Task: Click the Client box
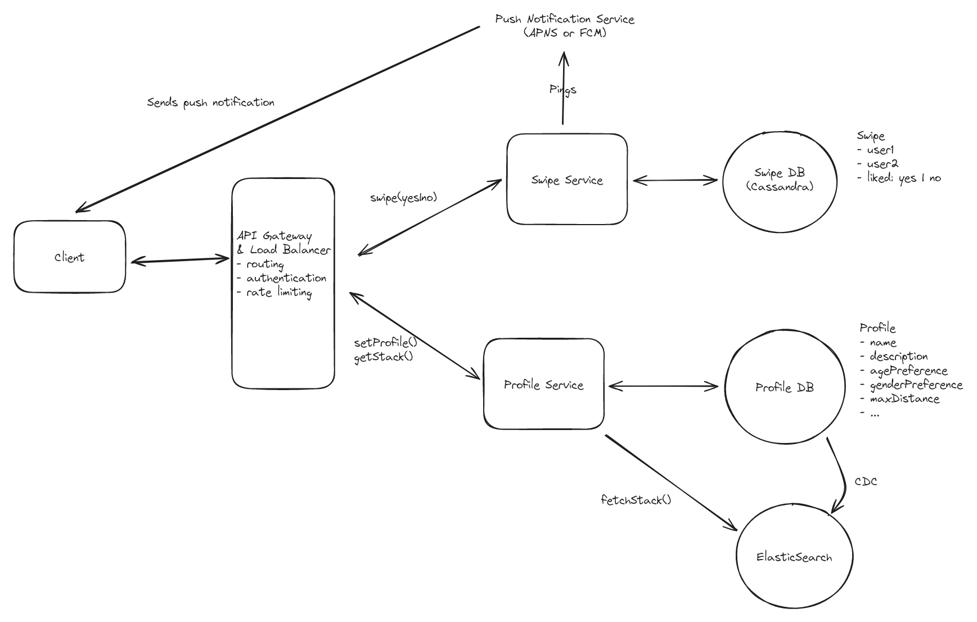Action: click(69, 257)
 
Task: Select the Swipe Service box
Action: click(566, 180)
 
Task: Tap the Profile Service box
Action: click(543, 385)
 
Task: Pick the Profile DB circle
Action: click(784, 387)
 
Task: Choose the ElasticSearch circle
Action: click(794, 557)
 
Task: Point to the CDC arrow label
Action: click(866, 482)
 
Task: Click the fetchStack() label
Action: click(636, 500)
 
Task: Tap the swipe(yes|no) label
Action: click(403, 198)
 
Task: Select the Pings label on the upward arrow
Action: click(562, 90)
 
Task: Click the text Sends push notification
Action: click(210, 102)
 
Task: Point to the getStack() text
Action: click(383, 357)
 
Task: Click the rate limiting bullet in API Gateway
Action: click(278, 292)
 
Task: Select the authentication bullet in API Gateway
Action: click(286, 278)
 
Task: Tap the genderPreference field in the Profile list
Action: click(916, 385)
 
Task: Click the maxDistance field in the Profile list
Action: click(904, 399)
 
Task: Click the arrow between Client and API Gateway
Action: click(179, 260)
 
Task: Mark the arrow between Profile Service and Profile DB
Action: click(663, 386)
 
